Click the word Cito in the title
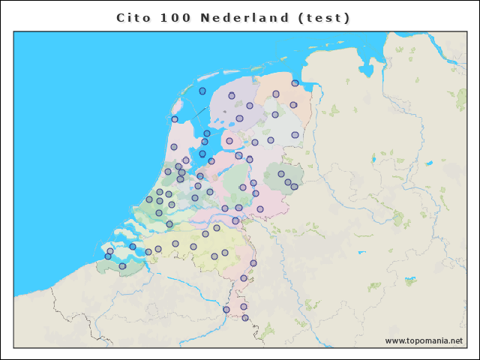tap(133, 17)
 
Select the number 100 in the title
tap(174, 17)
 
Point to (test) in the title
tap(324, 17)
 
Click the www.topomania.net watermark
tap(424, 340)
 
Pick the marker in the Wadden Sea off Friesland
tap(202, 91)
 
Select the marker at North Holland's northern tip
tap(175, 119)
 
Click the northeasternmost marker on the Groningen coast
tap(295, 83)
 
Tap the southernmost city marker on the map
tap(245, 318)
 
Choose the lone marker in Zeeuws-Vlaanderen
tap(122, 266)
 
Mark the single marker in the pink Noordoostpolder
tap(229, 141)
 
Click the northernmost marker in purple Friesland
tap(232, 96)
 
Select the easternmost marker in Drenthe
tap(295, 135)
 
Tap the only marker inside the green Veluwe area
tap(242, 187)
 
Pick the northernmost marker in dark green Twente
tap(281, 174)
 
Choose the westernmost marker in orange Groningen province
tap(276, 94)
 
